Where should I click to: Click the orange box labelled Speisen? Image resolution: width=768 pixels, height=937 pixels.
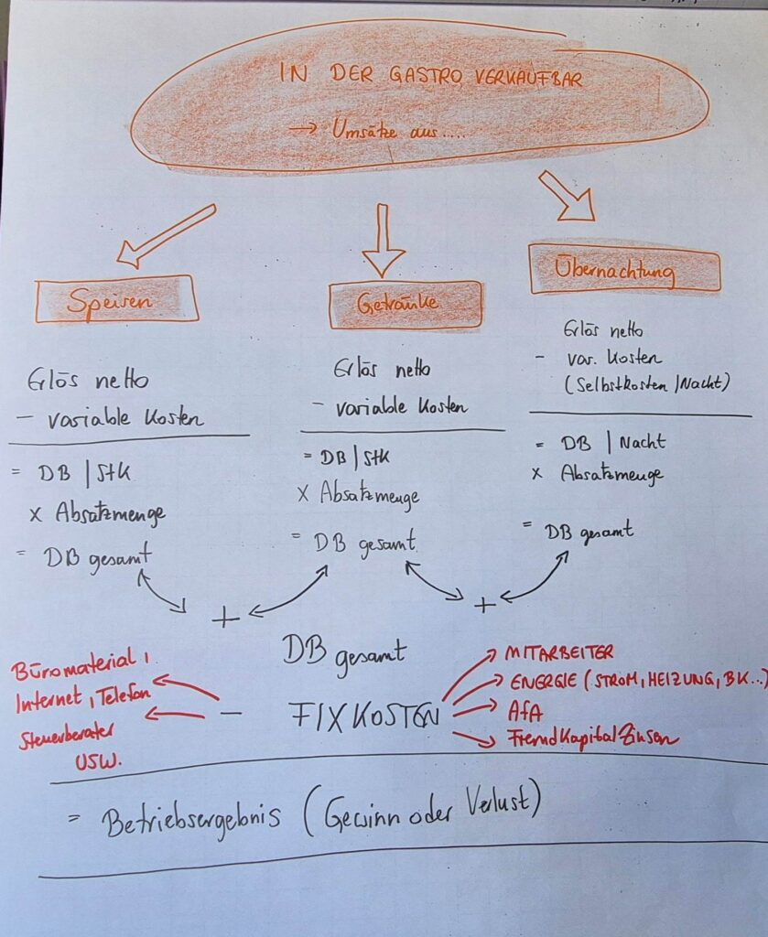(116, 299)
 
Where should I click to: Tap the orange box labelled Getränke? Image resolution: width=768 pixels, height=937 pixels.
(406, 305)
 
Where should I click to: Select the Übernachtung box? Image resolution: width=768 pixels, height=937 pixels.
(624, 270)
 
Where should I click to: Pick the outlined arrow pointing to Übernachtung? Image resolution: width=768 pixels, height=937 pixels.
(567, 196)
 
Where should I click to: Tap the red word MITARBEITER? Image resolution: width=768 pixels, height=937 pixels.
(558, 653)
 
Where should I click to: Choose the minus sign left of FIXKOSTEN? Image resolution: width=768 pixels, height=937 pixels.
(234, 711)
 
